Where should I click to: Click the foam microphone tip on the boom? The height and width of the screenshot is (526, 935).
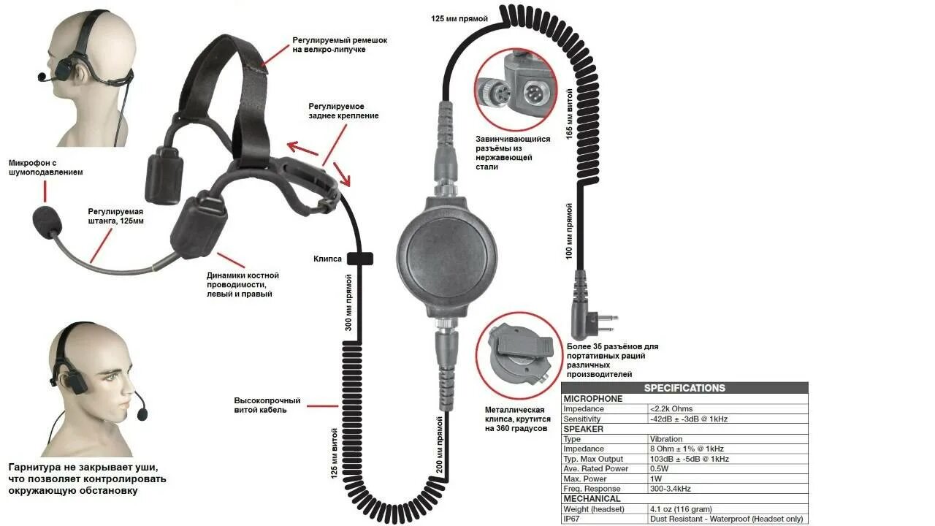tap(47, 220)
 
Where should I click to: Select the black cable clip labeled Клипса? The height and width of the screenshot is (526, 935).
tap(360, 259)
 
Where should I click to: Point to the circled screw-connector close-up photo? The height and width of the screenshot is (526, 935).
tap(515, 86)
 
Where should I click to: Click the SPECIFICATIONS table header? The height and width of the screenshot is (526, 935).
tap(684, 388)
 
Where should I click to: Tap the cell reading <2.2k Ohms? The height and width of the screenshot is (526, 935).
tap(671, 409)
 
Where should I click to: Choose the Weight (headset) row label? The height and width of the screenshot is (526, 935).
tap(593, 509)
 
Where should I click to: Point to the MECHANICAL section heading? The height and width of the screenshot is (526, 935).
tap(592, 499)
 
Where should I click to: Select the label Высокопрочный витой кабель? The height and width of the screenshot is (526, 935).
tap(267, 405)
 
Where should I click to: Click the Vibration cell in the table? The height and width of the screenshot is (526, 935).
tap(666, 439)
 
